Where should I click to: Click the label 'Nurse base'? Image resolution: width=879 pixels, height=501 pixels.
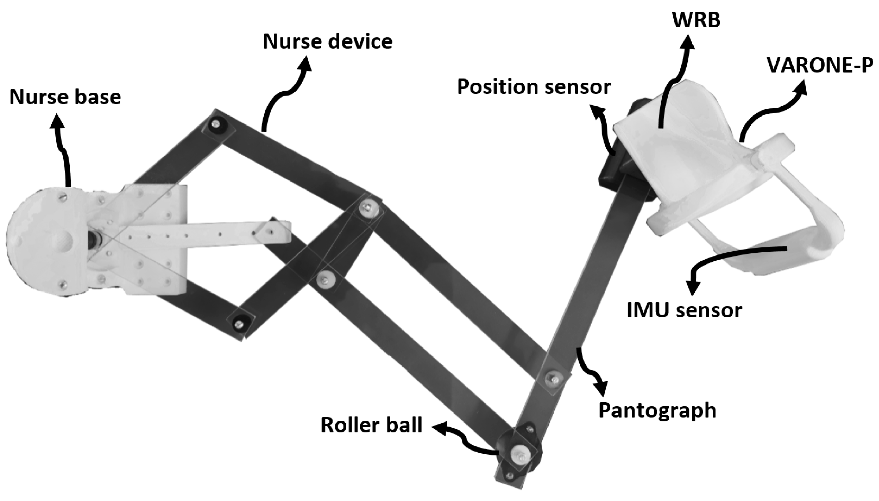tap(65, 97)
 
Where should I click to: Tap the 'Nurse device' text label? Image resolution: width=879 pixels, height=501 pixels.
tap(327, 42)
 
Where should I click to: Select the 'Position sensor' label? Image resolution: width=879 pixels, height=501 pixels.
tap(534, 87)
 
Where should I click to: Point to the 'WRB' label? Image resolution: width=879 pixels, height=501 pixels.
tap(696, 20)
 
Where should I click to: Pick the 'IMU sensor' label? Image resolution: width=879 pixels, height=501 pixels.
tap(685, 310)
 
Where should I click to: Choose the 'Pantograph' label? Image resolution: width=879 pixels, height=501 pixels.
tap(657, 410)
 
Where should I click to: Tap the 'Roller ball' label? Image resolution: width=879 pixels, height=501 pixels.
tap(371, 425)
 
